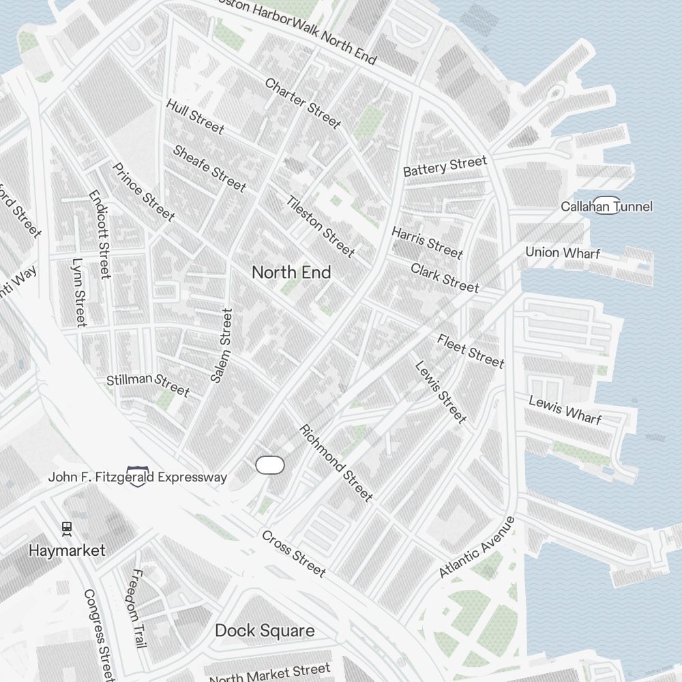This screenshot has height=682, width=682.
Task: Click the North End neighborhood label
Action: [291, 272]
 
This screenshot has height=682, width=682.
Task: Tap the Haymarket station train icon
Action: [67, 529]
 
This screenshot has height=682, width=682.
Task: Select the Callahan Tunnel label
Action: [606, 206]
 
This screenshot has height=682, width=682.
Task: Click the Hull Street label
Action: [194, 116]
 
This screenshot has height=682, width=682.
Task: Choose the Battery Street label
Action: [445, 166]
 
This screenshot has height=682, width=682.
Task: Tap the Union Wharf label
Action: [563, 252]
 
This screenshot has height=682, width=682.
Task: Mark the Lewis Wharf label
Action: [565, 409]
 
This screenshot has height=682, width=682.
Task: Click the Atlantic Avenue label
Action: [477, 547]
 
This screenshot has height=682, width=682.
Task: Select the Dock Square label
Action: [265, 631]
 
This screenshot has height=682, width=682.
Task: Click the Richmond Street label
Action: [336, 463]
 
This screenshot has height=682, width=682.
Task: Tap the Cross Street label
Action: [293, 553]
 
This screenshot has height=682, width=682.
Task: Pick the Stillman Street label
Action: [148, 384]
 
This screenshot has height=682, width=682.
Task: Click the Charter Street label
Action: [302, 103]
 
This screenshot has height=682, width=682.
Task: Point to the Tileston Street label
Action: [321, 226]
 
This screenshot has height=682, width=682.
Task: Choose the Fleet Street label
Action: [471, 351]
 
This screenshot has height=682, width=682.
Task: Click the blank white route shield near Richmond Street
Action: [269, 465]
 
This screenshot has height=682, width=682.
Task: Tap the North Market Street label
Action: [269, 674]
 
